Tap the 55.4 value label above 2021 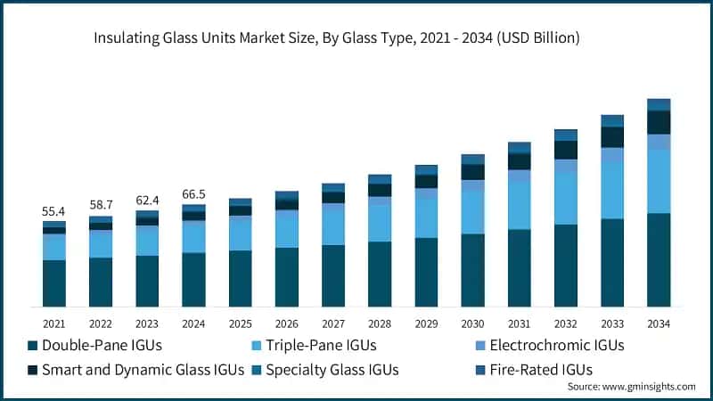click(54, 211)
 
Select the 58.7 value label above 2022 click(101, 205)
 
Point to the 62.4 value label click(147, 200)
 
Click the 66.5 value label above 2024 click(193, 193)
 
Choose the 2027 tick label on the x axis click(333, 323)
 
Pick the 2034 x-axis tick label click(659, 323)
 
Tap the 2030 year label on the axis click(472, 323)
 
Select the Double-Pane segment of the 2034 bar click(659, 260)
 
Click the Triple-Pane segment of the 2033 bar click(612, 190)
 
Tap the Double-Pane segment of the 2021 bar click(54, 283)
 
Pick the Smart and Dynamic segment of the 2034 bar click(659, 122)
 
